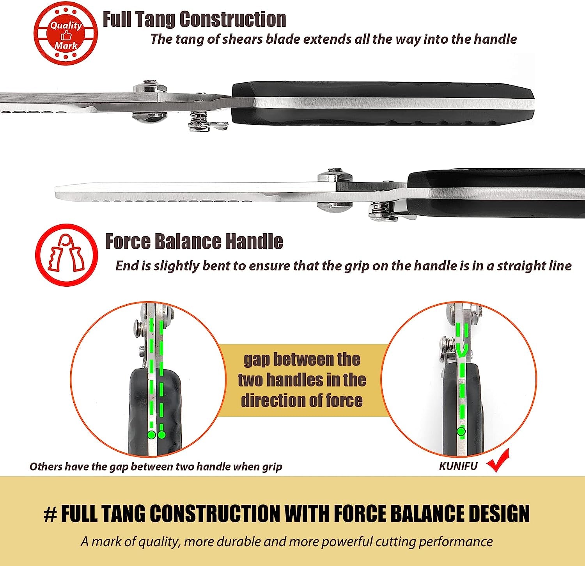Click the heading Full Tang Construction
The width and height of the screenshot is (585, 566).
(194, 19)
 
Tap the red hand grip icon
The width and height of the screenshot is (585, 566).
(66, 254)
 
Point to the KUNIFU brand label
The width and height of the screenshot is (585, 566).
(458, 467)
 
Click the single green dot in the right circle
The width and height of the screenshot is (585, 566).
(461, 431)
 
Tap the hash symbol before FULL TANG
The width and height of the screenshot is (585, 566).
(50, 515)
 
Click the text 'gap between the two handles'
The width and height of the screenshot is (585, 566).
(302, 369)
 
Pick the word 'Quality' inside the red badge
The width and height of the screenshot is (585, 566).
(66, 26)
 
